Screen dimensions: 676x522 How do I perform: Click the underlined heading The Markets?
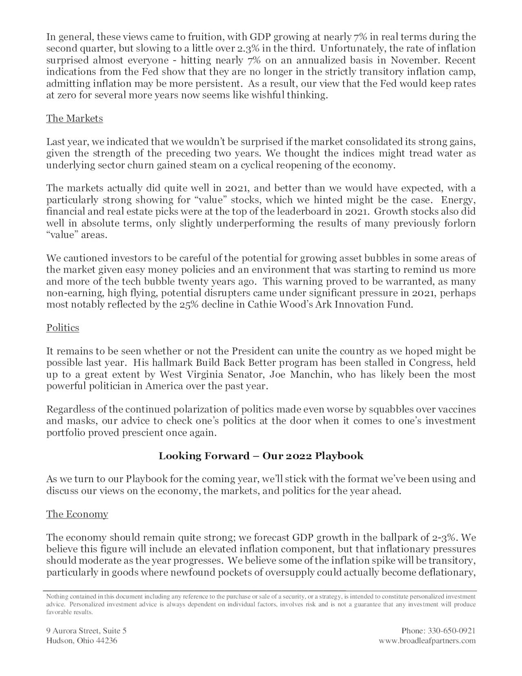[x=74, y=118]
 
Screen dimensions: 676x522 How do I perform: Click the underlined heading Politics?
[x=62, y=328]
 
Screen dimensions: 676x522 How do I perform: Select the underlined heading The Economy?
[x=77, y=514]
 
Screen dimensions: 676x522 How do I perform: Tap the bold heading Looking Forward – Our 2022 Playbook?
[x=261, y=456]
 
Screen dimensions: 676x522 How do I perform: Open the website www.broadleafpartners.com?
[x=427, y=640]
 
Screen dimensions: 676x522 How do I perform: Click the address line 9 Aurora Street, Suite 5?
[x=86, y=631]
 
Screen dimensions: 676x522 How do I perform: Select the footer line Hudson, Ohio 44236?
[x=82, y=640]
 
